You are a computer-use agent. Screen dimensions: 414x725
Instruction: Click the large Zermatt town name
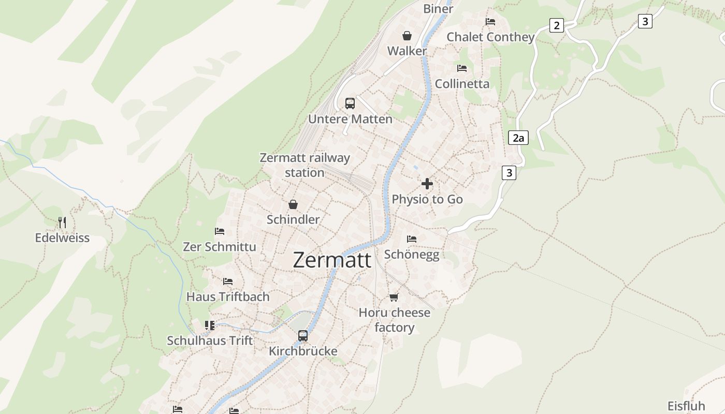point(332,260)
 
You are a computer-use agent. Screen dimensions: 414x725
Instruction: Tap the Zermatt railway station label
point(304,165)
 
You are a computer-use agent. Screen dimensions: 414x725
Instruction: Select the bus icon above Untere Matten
point(350,103)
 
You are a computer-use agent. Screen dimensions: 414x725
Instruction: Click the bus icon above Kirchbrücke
point(303,336)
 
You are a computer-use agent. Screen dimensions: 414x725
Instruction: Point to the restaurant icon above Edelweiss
point(62,223)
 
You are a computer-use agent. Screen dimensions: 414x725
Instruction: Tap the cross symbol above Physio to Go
point(427,184)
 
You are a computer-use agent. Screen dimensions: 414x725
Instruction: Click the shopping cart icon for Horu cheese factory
point(394,297)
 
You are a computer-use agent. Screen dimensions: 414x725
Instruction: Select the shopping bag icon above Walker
point(407,36)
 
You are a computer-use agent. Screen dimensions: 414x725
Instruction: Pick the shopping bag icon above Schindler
point(293,204)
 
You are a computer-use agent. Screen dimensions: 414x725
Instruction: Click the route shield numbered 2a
point(518,138)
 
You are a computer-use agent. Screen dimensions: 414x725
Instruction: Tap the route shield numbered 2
point(556,25)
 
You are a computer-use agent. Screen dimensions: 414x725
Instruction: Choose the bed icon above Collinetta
point(462,68)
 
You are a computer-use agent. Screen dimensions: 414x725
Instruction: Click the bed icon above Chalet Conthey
point(490,22)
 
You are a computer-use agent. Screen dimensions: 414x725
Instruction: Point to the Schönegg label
point(412,254)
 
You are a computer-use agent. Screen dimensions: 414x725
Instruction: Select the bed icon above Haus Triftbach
point(228,282)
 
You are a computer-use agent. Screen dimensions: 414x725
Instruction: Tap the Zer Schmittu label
point(220,247)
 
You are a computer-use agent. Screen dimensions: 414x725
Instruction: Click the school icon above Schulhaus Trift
point(210,326)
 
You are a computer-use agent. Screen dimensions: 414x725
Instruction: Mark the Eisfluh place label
point(686,406)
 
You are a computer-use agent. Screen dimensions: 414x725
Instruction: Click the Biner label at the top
point(438,8)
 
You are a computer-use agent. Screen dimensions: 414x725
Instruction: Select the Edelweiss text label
point(62,238)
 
